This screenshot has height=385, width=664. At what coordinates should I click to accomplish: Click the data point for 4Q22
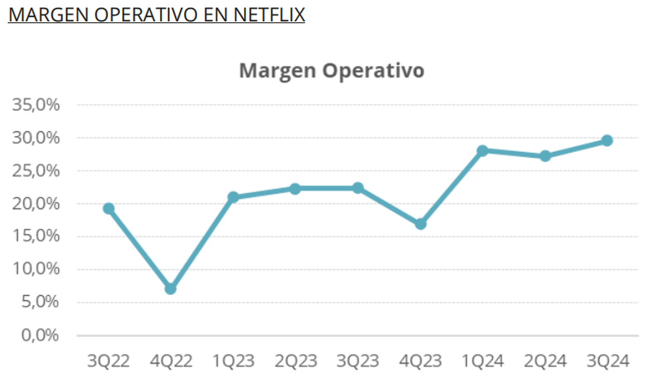coord(170,289)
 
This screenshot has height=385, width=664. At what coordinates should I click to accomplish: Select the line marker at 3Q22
coord(108,208)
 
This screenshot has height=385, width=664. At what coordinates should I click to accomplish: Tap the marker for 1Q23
coord(233,197)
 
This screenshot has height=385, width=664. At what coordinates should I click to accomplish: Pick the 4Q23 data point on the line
coord(421,224)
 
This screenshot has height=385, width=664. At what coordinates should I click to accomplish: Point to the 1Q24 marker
coord(483,151)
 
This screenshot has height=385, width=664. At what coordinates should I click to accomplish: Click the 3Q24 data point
coord(607,141)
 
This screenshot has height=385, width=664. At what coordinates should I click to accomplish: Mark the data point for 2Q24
coord(545,156)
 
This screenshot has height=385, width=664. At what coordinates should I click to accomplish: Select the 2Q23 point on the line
coord(295,189)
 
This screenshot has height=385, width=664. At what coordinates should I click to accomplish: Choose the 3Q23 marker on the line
coord(358,188)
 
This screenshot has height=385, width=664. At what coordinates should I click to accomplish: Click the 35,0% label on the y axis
coord(36,105)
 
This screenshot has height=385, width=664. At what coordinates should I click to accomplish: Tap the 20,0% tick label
coord(36,204)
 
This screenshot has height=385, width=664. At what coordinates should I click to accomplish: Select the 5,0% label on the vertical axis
coord(40,302)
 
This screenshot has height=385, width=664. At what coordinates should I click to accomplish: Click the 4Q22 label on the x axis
coord(170,362)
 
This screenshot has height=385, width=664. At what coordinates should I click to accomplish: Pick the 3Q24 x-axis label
coord(607,362)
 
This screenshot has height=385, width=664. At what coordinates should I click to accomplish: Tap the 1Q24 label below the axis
coord(483,362)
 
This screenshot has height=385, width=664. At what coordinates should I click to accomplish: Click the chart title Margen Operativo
coord(331,71)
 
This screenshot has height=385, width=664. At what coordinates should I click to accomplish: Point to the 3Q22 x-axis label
coord(108,362)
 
